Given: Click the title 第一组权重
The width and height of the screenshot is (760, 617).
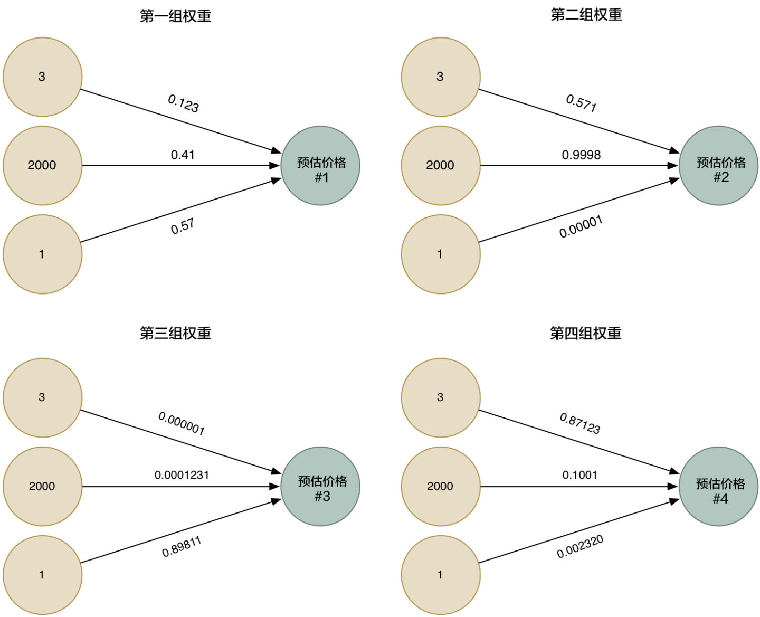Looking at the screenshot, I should tap(175, 16).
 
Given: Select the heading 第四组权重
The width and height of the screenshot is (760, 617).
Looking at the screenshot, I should tap(585, 334).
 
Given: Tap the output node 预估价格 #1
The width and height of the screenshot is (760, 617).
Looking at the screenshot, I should tap(320, 166).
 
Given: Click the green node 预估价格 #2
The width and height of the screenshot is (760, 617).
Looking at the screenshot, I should tap(718, 166).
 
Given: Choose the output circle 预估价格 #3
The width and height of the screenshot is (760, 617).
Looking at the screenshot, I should tap(320, 487).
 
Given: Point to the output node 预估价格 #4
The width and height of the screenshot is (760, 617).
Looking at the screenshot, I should tap(718, 487).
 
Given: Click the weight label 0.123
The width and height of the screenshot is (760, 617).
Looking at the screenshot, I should tap(183, 103).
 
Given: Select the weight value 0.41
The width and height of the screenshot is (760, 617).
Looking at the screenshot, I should tap(183, 155).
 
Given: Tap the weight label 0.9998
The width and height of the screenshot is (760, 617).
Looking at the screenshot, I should tap(581, 155).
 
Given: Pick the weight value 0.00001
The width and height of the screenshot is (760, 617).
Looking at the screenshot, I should tap(581, 226).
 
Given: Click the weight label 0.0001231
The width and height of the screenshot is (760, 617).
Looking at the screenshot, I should tap(182, 475).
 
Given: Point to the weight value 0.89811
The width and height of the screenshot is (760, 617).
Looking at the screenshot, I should tap(182, 547).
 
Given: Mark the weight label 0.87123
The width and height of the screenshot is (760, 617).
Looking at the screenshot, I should tap(580, 424).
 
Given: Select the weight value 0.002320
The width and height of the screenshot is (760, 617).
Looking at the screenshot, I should tap(580, 546).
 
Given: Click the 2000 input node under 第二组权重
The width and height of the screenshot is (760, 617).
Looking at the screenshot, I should tap(441, 166).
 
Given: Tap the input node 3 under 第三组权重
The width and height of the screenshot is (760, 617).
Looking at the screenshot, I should tap(42, 398).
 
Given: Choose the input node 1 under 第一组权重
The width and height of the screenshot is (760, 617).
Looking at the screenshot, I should tap(42, 254).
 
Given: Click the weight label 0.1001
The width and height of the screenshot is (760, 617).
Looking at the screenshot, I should tap(580, 475).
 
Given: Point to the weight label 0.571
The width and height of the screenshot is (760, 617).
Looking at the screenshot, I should tap(581, 103).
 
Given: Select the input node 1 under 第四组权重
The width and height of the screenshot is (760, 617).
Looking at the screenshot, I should tap(441, 575).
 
